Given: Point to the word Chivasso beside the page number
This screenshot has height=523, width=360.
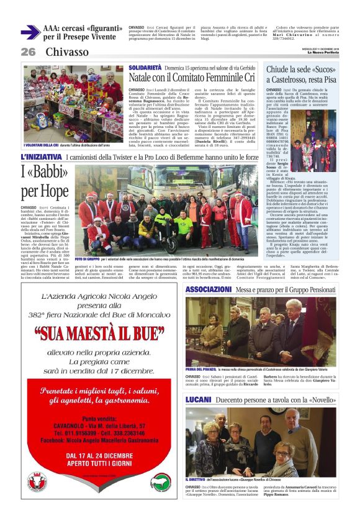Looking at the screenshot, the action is tap(68, 52).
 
